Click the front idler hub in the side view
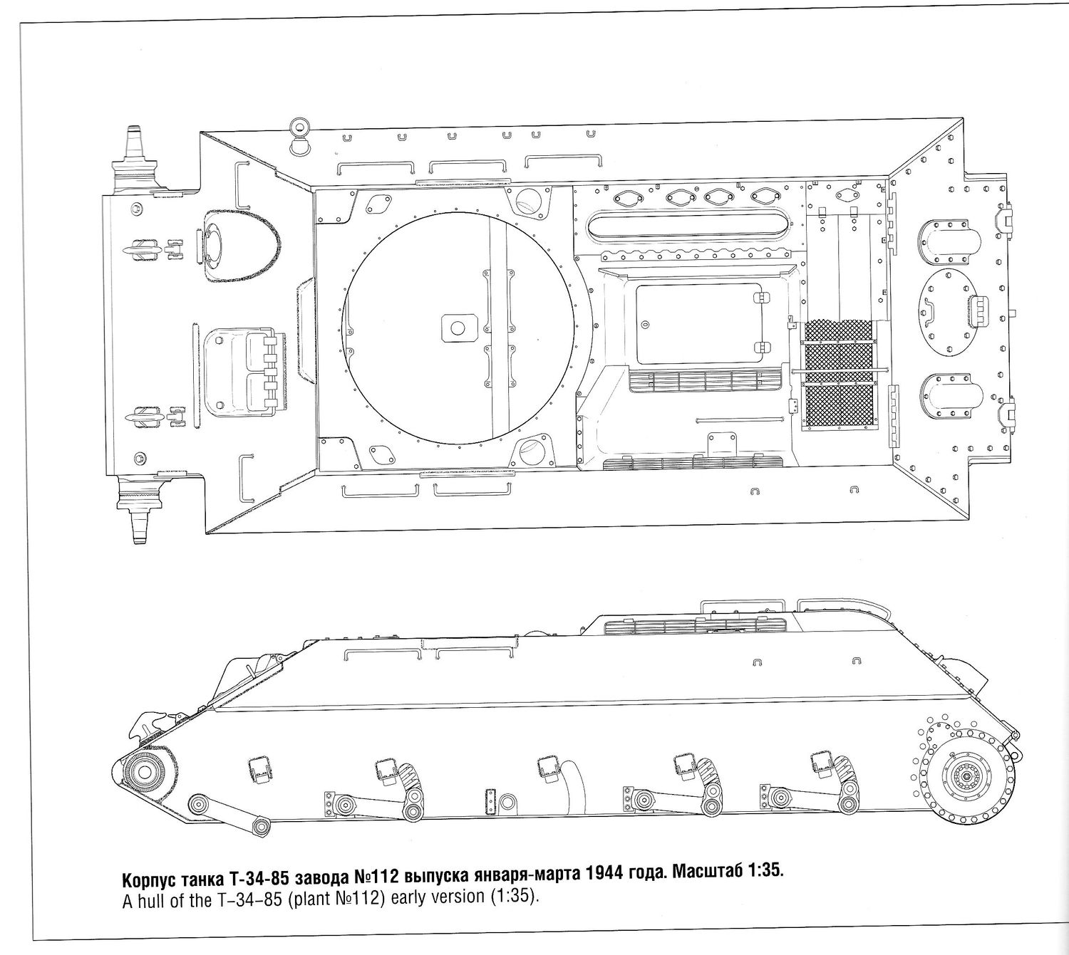coord(144,771)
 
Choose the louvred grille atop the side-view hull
coord(696,626)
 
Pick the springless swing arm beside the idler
coord(229,813)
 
